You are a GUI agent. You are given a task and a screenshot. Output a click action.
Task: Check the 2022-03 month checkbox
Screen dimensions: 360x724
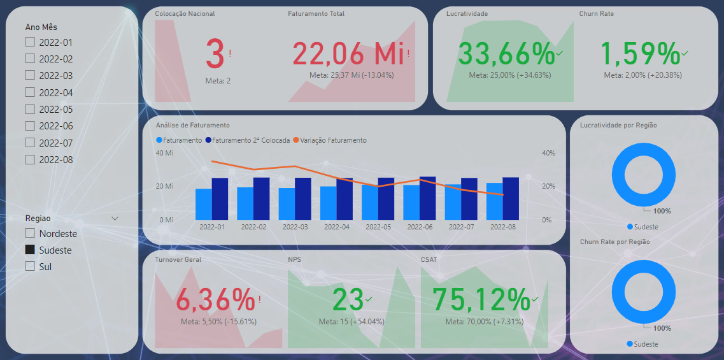pyautogui.click(x=29, y=75)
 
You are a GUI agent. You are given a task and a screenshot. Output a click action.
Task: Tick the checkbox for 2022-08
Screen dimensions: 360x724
pyautogui.click(x=29, y=159)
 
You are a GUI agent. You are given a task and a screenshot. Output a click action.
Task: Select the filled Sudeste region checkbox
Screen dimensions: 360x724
pyautogui.click(x=29, y=250)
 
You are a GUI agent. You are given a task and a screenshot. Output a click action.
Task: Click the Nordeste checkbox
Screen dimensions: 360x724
pyautogui.click(x=29, y=233)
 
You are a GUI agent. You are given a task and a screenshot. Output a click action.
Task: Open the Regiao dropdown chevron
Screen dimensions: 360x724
pyautogui.click(x=115, y=218)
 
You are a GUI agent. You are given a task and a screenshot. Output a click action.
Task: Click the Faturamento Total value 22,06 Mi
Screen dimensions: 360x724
pyautogui.click(x=348, y=54)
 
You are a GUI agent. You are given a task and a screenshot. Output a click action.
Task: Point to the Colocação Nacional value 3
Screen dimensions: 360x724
pyautogui.click(x=215, y=54)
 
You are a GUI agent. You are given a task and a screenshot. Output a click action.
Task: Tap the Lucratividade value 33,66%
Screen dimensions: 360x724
pyautogui.click(x=506, y=54)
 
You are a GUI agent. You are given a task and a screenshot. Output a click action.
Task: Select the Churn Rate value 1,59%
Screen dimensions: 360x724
pyautogui.click(x=640, y=54)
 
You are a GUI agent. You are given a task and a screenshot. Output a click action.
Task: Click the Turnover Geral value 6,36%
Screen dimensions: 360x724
pyautogui.click(x=215, y=299)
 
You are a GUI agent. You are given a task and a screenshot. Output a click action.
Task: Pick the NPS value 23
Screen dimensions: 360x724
pyautogui.click(x=348, y=299)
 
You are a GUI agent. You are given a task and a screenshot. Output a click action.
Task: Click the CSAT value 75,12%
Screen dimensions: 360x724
pyautogui.click(x=481, y=299)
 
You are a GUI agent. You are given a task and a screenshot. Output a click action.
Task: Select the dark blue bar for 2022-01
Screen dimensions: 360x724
pyautogui.click(x=220, y=198)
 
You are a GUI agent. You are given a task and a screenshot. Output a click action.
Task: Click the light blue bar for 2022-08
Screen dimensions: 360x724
pyautogui.click(x=494, y=201)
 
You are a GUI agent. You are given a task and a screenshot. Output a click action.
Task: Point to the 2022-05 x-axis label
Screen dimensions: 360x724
pyautogui.click(x=378, y=227)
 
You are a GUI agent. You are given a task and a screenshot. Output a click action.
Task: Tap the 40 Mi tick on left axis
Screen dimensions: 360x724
pyautogui.click(x=164, y=153)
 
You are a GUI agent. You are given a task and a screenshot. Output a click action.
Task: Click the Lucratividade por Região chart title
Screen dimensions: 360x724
pyautogui.click(x=618, y=125)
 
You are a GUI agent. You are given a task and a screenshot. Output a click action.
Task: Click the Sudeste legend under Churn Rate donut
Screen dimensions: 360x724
pyautogui.click(x=646, y=344)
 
